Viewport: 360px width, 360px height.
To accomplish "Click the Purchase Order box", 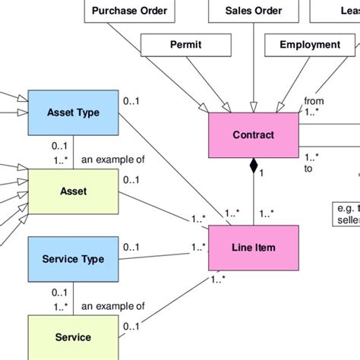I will [128, 11].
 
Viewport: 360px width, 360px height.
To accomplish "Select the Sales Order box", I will [254, 11].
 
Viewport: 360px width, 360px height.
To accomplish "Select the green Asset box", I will [73, 191].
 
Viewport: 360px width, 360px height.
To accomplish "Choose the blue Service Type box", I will [73, 260].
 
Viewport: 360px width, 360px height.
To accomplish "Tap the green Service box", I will [73, 337].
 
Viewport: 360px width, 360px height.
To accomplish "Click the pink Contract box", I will [254, 137].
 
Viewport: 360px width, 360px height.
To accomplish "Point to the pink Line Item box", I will [254, 248].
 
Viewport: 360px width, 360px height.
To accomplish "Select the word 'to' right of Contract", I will [308, 169].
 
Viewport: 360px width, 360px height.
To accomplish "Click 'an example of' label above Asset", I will [112, 160].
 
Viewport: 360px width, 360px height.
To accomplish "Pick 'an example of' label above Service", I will [112, 306].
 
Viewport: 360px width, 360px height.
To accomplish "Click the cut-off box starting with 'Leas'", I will [346, 11].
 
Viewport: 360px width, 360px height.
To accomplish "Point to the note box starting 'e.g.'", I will [347, 213].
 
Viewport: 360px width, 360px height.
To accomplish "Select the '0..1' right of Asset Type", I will [131, 99].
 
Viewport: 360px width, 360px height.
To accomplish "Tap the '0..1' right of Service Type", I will [131, 246].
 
